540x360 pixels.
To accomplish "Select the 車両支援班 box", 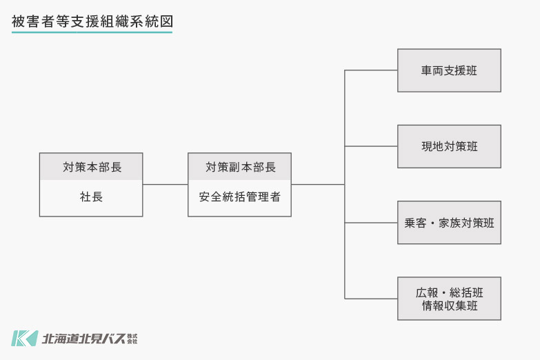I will [x=449, y=70].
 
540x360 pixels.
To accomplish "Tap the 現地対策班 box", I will [x=449, y=146].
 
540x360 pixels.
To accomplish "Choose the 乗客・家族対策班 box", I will [x=449, y=223].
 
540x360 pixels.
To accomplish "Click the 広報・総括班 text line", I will [x=449, y=292].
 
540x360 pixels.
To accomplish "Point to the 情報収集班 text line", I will [x=449, y=306].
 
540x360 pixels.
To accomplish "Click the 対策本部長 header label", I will [x=91, y=167].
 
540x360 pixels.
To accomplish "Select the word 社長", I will [x=91, y=197].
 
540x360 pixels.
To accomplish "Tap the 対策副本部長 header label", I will [x=239, y=167].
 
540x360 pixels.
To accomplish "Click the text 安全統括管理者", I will [x=239, y=197].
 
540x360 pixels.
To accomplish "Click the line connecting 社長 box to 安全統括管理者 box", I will [x=165, y=184].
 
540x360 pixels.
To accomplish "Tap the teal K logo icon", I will [x=23, y=338].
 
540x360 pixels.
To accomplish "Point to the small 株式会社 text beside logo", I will [x=133, y=339].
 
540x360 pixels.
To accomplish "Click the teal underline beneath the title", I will [x=92, y=32].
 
